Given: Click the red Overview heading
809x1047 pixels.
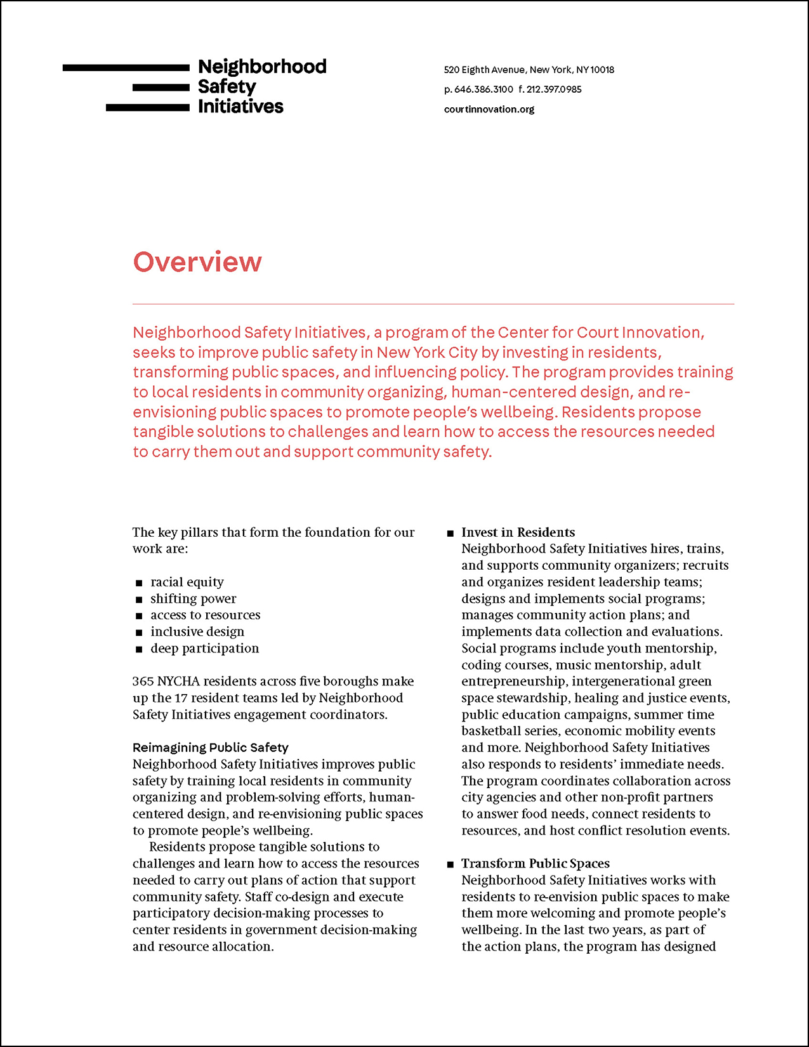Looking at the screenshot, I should point(197,262).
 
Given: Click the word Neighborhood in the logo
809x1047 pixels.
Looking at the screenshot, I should point(262,67).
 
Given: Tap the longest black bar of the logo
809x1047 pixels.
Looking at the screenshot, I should point(126,67).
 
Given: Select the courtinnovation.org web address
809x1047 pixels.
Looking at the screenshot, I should point(489,109).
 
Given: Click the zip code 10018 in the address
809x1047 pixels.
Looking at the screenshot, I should point(602,70).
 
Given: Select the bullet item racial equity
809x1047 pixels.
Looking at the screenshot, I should point(187,582).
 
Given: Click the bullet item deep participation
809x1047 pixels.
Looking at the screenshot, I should point(204,649).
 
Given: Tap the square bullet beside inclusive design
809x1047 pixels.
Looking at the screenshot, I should point(139,633).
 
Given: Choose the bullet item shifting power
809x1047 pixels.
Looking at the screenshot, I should point(193,598).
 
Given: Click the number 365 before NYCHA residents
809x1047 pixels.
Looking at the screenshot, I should point(143,682).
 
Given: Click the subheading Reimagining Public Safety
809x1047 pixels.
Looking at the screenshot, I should point(210,747).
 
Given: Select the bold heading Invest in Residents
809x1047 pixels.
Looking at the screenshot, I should point(518,532).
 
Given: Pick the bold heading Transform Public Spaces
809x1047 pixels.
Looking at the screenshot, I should point(535,864).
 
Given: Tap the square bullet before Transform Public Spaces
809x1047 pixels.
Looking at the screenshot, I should point(451,864).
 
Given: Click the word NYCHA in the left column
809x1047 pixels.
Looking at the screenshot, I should point(178,682).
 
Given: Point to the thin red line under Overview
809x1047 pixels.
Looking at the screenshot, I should point(433,305).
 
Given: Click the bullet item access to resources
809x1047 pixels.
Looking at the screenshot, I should point(205,615).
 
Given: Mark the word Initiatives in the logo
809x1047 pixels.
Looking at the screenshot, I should point(240,107).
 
